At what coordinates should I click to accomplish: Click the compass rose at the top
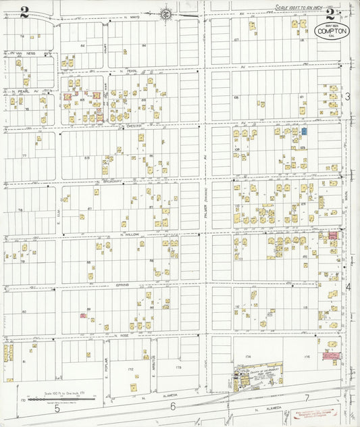166,11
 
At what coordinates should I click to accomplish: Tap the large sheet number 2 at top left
25,10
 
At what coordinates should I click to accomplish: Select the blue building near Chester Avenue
304,131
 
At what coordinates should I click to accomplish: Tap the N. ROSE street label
122,335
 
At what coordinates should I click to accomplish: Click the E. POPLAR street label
107,366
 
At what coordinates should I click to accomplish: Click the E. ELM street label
59,216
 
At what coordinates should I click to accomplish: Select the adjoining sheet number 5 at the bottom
57,408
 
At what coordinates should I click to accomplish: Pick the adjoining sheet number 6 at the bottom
173,405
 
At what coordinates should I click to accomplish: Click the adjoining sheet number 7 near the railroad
306,397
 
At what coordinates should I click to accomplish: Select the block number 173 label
178,367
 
